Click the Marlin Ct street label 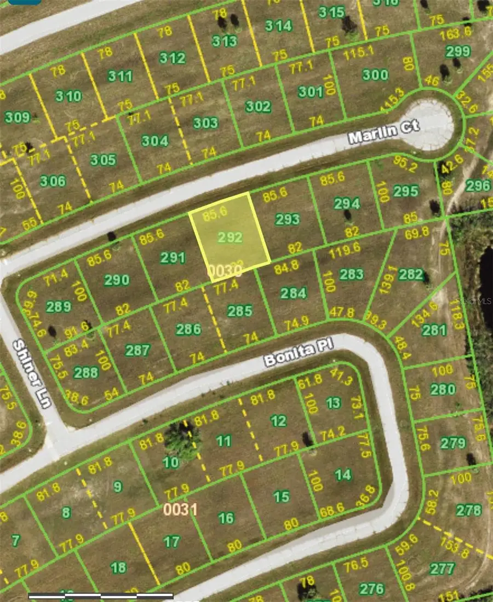(383, 132)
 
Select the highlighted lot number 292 (230, 238)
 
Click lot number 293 (287, 219)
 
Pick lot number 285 (239, 311)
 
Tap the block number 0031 (180, 510)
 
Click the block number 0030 (225, 270)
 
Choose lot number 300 (375, 75)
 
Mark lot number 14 (343, 474)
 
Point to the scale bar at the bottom (101, 595)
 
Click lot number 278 (468, 511)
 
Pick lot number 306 (53, 181)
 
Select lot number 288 (85, 373)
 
